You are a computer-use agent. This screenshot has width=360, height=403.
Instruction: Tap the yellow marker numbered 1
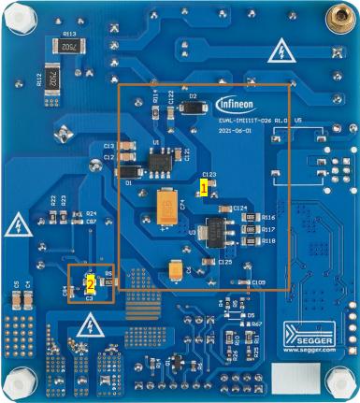pyautogui.click(x=201, y=187)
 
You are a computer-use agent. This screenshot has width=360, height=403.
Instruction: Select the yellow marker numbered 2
pyautogui.click(x=90, y=280)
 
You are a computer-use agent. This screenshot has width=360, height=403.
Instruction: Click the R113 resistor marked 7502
pyautogui.click(x=69, y=47)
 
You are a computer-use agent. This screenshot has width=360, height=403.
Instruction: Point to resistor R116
pyautogui.click(x=249, y=218)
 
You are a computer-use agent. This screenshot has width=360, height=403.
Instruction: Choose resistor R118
pyautogui.click(x=249, y=240)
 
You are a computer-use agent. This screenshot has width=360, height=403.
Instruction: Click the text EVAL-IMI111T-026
pyautogui.click(x=246, y=122)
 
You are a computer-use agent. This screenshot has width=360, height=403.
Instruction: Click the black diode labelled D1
pyautogui.click(x=131, y=171)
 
